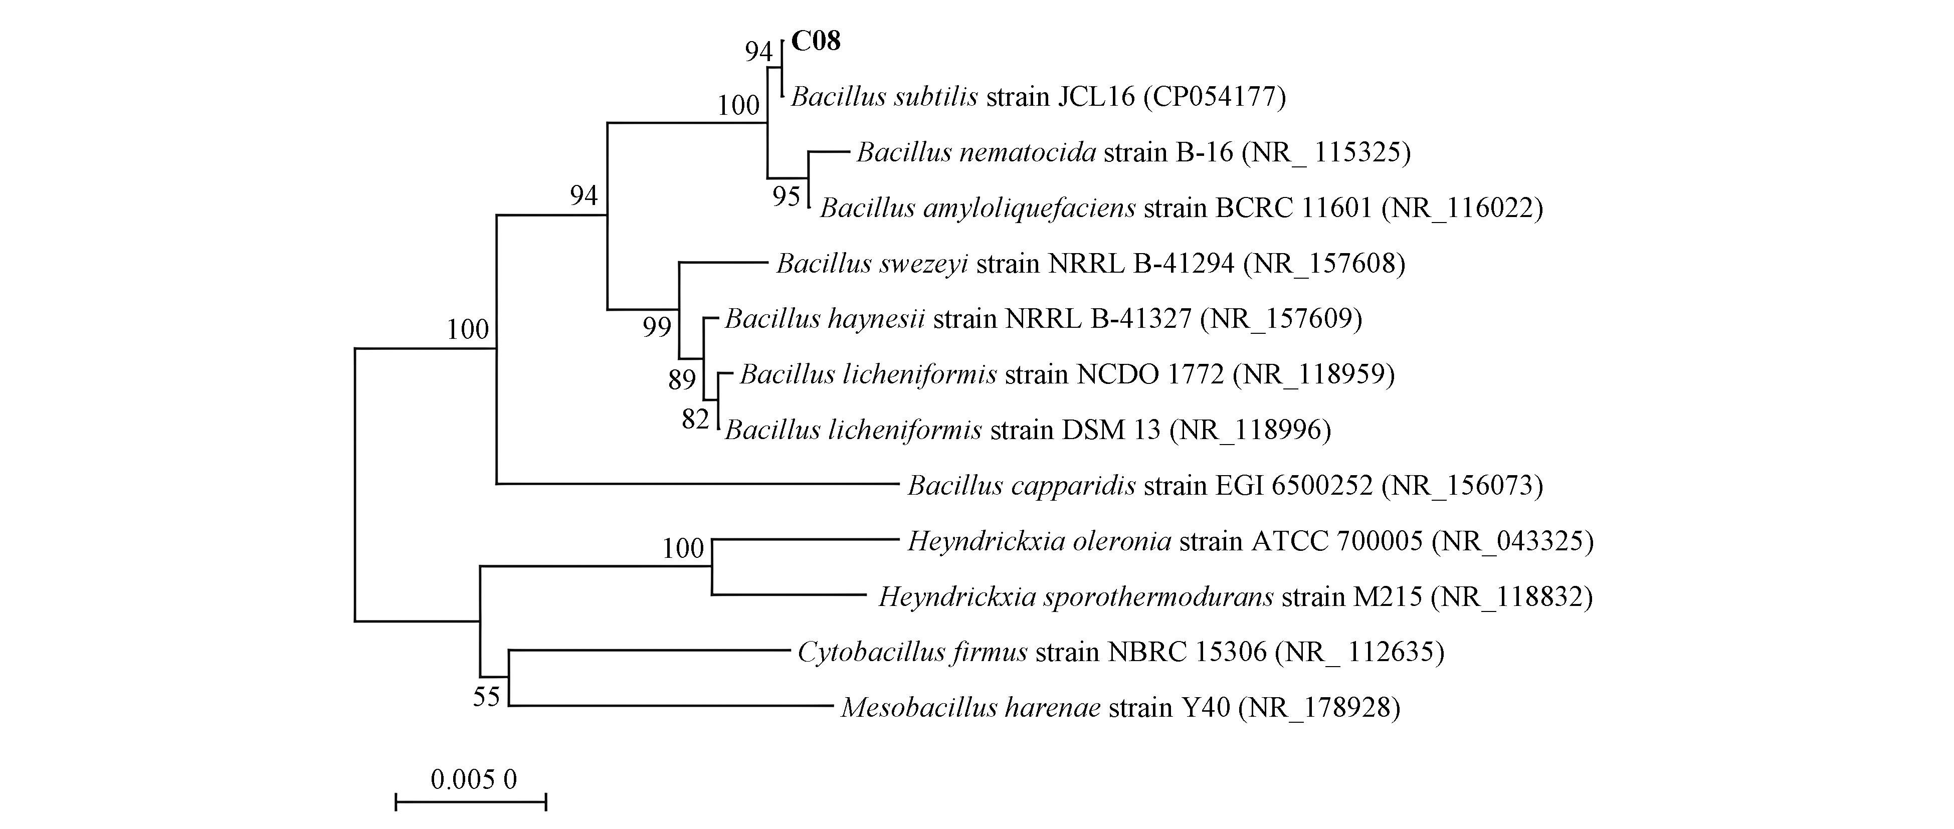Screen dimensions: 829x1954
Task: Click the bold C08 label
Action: (x=816, y=41)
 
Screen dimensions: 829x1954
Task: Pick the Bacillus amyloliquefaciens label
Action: (x=1181, y=208)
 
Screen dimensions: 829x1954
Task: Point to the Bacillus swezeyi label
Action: (x=1090, y=263)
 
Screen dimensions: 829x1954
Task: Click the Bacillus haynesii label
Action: (x=1043, y=319)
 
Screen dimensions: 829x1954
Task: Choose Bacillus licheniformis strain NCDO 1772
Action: (x=1067, y=374)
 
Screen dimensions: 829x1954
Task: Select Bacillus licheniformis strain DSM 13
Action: (x=1028, y=430)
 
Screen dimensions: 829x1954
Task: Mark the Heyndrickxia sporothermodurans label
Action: (x=1235, y=597)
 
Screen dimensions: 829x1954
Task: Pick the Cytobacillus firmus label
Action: (x=1120, y=652)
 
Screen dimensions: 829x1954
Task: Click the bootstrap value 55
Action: (x=486, y=696)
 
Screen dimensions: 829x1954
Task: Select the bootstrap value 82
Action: (x=695, y=419)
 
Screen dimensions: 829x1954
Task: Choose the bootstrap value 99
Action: (x=657, y=327)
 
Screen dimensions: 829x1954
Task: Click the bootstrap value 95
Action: (x=787, y=196)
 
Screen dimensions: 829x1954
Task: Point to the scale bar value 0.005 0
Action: (x=473, y=779)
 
